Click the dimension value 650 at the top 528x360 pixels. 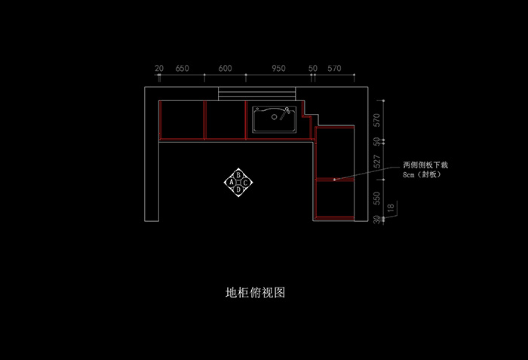pos(182,68)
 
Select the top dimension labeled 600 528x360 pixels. pos(226,68)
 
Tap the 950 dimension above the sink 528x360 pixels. pos(278,68)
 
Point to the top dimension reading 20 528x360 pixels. pos(159,68)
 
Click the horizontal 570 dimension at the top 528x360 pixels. pos(334,68)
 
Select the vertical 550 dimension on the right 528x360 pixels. pos(377,198)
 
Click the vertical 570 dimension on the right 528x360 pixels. pos(377,120)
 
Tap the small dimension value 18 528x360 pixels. pos(390,208)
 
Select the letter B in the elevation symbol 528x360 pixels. pos(239,175)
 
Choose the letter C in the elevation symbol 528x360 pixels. pos(247,183)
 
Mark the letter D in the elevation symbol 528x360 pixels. pos(239,190)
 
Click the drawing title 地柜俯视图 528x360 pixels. pos(255,292)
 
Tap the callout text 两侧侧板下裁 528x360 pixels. pos(425,165)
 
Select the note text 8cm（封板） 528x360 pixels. pos(422,174)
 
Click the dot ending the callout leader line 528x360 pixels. pos(333,179)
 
